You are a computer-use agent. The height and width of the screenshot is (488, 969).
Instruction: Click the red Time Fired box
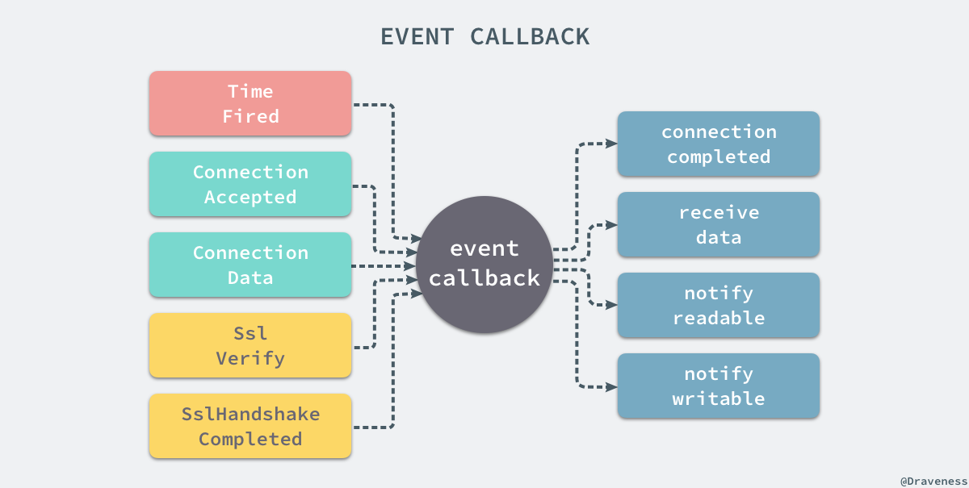pos(250,103)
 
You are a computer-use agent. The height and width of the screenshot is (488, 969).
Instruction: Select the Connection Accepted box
pos(250,184)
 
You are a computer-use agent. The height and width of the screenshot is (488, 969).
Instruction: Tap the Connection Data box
pos(250,265)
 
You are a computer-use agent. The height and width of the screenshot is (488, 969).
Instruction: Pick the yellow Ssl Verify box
pos(250,345)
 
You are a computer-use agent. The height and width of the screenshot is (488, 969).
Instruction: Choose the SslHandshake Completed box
pos(250,426)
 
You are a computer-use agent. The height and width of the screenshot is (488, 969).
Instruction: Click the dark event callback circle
pos(484,264)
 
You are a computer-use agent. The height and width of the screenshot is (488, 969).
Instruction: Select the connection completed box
pos(719,144)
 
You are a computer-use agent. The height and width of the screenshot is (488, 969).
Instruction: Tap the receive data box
pos(719,224)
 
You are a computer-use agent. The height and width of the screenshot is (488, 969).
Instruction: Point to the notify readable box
pos(719,305)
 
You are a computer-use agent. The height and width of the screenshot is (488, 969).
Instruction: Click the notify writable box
pos(719,386)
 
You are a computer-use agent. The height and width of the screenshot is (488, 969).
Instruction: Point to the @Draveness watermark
pos(933,479)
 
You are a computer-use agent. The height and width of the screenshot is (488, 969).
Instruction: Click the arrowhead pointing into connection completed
pos(612,144)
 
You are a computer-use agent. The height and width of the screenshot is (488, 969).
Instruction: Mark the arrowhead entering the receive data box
pos(612,224)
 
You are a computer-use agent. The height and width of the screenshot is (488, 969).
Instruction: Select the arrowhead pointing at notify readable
pos(612,305)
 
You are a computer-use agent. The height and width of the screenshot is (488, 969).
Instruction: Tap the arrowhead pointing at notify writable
pos(612,386)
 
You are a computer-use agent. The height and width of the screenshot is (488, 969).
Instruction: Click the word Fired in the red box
pos(250,116)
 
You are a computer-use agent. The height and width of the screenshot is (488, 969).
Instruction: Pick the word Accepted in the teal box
pos(250,197)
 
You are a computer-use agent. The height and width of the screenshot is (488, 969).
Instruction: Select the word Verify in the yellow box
pos(250,358)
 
